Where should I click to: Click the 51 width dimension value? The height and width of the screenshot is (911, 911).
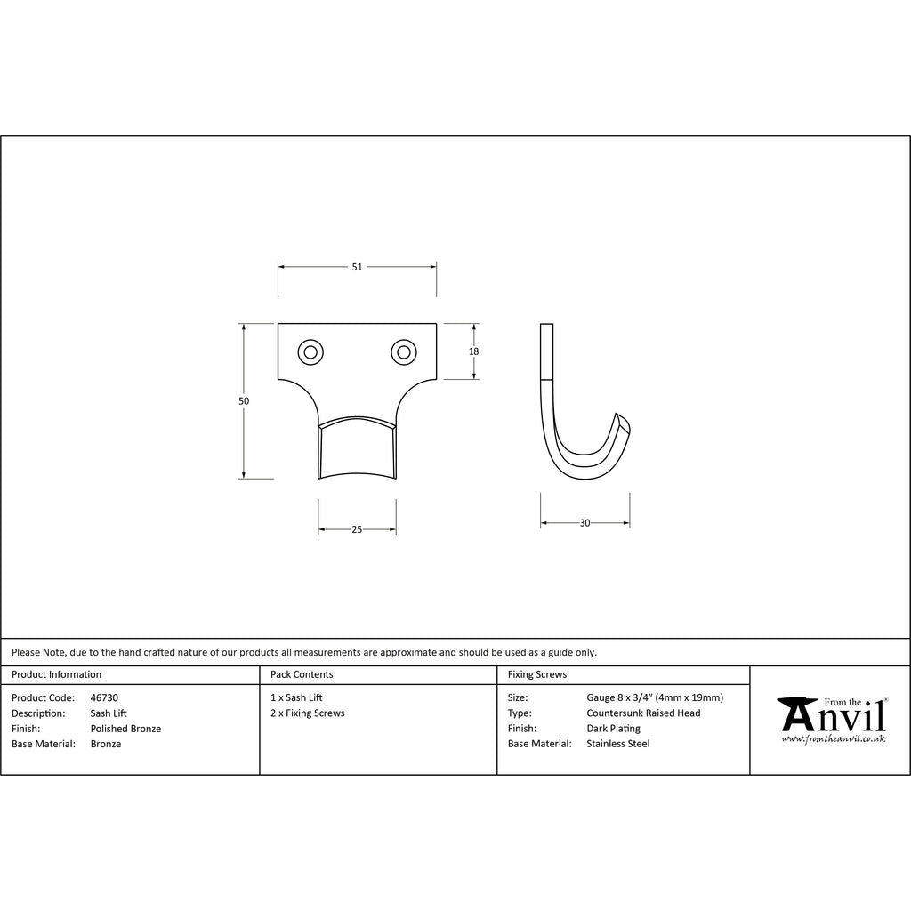point(357,267)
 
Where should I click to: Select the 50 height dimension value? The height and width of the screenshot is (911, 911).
point(244,401)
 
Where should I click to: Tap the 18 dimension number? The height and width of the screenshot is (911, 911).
point(473,351)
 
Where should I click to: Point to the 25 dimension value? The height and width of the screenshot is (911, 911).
point(357,529)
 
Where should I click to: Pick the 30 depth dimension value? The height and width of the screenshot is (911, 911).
point(584,523)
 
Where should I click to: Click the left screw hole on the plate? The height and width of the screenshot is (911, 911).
point(310,352)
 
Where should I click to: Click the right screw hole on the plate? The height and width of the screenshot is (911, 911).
point(404,352)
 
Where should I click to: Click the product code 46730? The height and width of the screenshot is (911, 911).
point(104,697)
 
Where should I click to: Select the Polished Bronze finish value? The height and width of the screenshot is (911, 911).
point(125,729)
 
